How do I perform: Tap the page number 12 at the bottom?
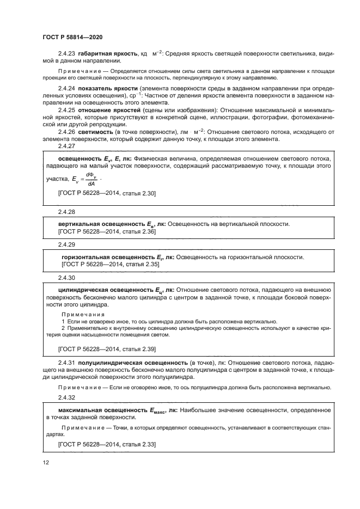(x=46, y=463)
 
